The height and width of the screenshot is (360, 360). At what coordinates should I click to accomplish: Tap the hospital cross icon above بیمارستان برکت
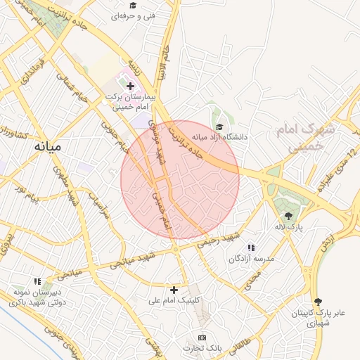tap(130, 85)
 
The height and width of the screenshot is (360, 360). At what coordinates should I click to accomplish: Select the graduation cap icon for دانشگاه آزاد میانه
tap(219, 127)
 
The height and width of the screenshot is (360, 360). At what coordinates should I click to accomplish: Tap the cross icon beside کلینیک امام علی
tap(174, 289)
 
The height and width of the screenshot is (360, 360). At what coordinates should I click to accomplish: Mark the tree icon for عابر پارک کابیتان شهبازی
tap(317, 300)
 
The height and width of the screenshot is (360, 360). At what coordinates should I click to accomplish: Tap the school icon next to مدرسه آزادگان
tap(251, 247)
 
